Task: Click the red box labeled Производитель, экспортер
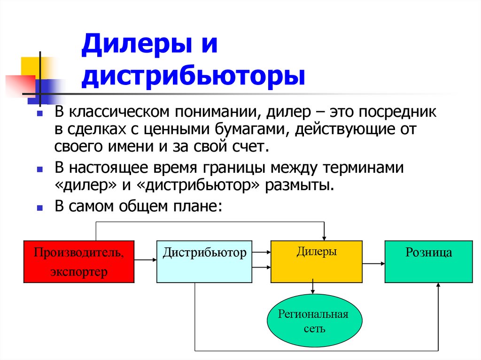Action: point(79,261)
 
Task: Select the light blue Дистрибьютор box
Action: point(204,261)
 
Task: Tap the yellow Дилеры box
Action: point(316,261)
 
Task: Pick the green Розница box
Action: point(428,261)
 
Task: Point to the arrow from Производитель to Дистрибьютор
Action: point(145,259)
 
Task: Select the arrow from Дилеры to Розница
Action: point(373,264)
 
